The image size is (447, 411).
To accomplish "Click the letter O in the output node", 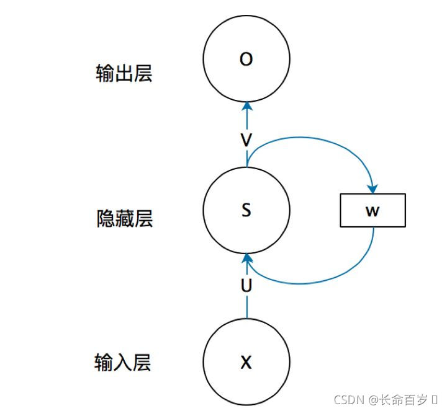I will coord(246,60).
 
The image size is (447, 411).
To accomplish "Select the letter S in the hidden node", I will coord(246,210).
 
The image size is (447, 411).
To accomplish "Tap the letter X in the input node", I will coord(246,363).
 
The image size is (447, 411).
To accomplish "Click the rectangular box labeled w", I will coord(372,210).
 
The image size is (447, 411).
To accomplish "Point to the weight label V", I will coord(246,140).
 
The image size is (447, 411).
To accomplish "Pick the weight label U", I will coord(246,286).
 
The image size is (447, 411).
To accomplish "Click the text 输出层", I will coord(124,74).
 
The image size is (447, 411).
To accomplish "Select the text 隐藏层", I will coord(124,219).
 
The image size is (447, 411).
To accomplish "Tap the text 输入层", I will coord(123,362).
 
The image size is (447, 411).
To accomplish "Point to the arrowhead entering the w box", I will coord(373,187).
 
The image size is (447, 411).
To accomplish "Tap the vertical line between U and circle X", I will coord(246,307).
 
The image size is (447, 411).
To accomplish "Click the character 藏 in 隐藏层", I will coord(124,219).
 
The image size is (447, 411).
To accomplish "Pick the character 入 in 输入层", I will coord(123,362).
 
